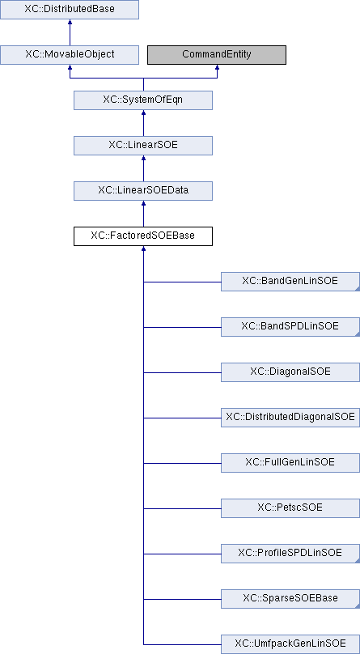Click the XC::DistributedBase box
(x=69, y=9)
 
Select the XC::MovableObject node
(x=69, y=55)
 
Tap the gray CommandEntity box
(x=217, y=55)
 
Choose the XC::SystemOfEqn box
(x=143, y=100)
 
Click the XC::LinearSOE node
(x=143, y=146)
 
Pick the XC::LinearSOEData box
(x=143, y=190)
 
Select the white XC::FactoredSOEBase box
(x=143, y=236)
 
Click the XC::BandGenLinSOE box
(x=290, y=282)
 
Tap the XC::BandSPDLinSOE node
(x=290, y=326)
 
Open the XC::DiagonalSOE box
(x=290, y=372)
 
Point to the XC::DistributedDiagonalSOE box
(x=290, y=418)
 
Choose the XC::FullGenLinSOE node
(x=290, y=462)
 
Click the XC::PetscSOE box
(x=290, y=508)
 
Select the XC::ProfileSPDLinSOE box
(x=290, y=554)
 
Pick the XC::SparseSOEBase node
(x=290, y=598)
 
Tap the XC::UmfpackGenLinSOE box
(x=290, y=644)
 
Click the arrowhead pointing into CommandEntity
(x=217, y=67)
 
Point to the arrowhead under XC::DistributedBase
(x=69, y=22)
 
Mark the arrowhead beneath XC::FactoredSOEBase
(x=143, y=248)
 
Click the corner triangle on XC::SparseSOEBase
(x=357, y=606)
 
